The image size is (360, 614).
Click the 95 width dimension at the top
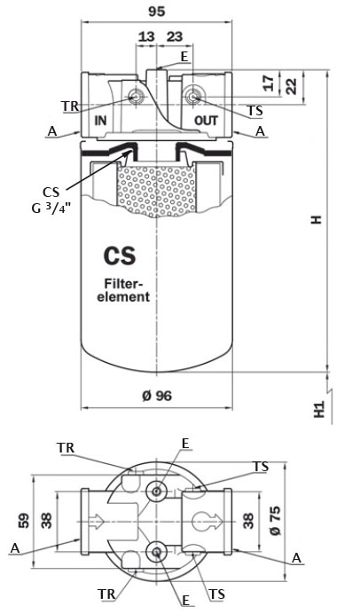[158, 12]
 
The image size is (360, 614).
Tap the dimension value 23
[174, 36]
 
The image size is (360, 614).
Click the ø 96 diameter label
[157, 396]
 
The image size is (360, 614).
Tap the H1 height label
[320, 411]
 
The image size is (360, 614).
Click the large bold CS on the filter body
[118, 256]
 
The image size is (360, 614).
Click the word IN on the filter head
[100, 120]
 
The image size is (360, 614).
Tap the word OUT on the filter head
[206, 120]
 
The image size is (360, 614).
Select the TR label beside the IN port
[70, 106]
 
